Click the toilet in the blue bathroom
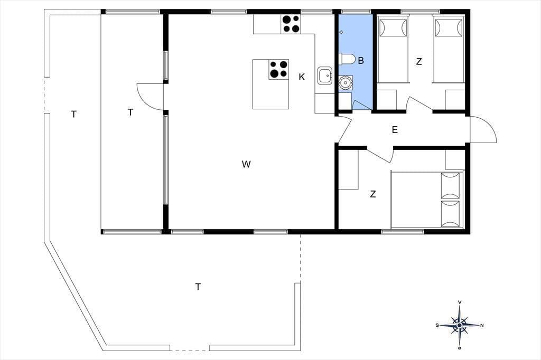click(347, 59)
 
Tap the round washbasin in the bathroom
click(344, 83)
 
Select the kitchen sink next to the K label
click(325, 75)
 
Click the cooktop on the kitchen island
click(279, 69)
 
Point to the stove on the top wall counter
click(291, 24)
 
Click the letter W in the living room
click(246, 164)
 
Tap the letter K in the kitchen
click(302, 77)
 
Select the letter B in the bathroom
click(361, 61)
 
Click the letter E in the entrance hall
click(395, 130)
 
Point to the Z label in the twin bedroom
click(419, 62)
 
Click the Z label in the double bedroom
click(372, 194)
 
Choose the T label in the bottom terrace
click(198, 287)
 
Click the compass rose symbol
click(460, 325)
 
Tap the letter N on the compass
click(482, 325)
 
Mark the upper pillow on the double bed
click(451, 185)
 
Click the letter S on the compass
click(437, 325)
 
